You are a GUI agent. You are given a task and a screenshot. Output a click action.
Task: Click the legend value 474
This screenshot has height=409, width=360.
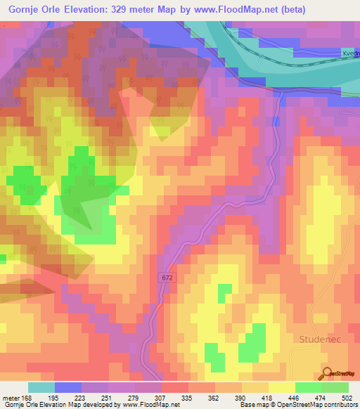[321, 398]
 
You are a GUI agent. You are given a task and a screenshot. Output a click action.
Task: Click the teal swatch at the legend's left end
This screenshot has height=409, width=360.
[41, 387]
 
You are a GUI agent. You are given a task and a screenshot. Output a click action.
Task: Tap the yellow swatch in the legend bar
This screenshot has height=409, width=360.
[281, 387]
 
